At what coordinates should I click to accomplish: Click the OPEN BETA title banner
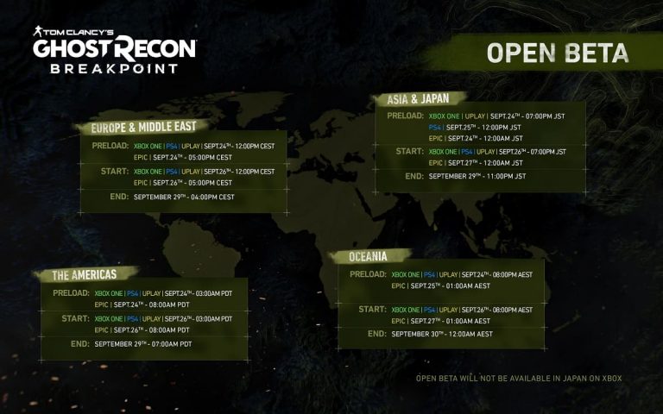(557, 53)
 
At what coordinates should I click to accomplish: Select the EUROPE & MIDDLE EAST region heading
(143, 127)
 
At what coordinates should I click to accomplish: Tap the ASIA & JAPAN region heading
(412, 99)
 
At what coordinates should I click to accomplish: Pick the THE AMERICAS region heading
(84, 275)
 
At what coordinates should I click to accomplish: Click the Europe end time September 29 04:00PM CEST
(184, 198)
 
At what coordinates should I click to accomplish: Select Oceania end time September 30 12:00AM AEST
(442, 334)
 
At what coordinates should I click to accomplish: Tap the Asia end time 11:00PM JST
(477, 176)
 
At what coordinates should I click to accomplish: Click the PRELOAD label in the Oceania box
(368, 274)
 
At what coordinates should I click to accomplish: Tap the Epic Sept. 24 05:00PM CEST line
(183, 157)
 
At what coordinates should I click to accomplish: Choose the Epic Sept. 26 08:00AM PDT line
(142, 329)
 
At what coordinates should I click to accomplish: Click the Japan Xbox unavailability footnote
(518, 378)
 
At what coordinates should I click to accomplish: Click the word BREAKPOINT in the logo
(114, 68)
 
